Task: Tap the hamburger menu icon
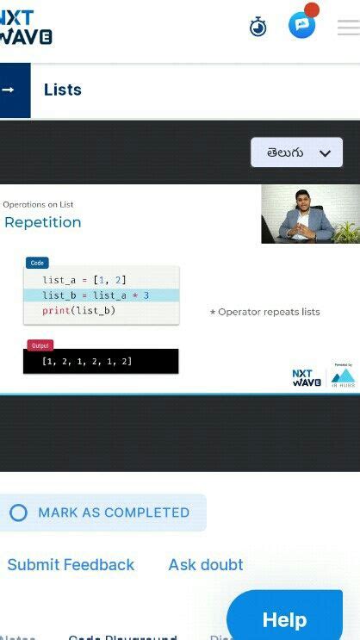(x=348, y=27)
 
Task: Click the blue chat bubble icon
(x=301, y=25)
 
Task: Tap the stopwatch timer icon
(x=258, y=26)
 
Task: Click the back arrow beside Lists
(x=9, y=90)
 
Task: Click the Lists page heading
(x=63, y=90)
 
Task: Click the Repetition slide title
(x=43, y=222)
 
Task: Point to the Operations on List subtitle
(x=38, y=205)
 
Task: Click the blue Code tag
(x=37, y=263)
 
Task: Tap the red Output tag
(x=40, y=345)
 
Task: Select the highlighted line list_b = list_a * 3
(x=96, y=295)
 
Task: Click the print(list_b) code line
(x=78, y=310)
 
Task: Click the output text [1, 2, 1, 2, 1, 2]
(x=87, y=361)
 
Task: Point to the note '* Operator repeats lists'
(x=264, y=312)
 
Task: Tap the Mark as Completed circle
(x=18, y=513)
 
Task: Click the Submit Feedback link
(x=71, y=565)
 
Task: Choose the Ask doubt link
(x=206, y=565)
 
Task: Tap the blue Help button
(x=284, y=618)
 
